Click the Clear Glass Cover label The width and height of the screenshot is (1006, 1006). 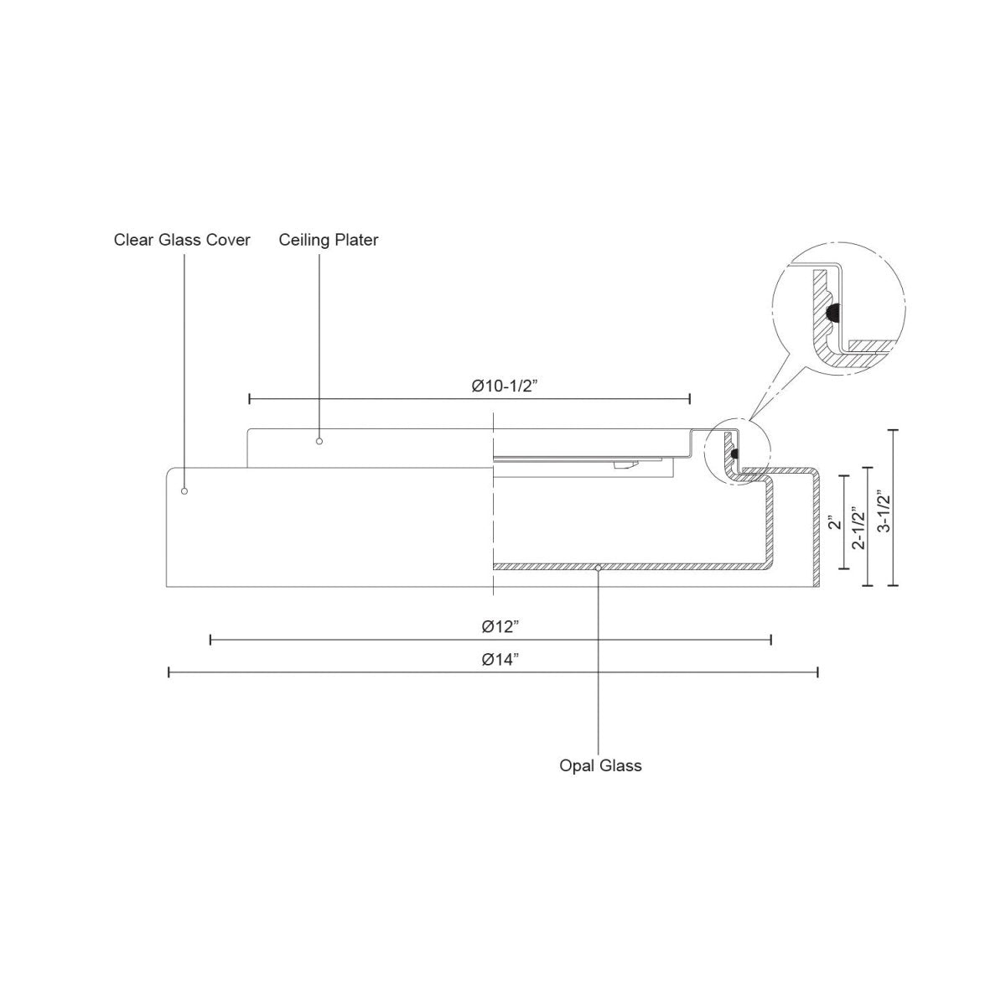click(x=182, y=241)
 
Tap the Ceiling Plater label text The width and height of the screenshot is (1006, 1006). click(x=329, y=241)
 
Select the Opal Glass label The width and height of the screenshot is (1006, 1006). click(x=600, y=765)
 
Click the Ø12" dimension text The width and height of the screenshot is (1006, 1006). click(x=500, y=626)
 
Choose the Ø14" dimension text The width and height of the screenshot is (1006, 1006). click(x=500, y=659)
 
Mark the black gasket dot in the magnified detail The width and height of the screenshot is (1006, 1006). click(x=832, y=312)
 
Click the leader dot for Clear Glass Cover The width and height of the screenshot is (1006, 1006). click(x=184, y=490)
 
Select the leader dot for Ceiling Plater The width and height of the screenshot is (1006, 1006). click(x=319, y=440)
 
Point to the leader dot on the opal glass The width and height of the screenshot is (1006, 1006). click(x=597, y=569)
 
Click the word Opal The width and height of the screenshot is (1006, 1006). click(x=575, y=765)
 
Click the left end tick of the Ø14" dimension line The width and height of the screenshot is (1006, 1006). click(x=169, y=672)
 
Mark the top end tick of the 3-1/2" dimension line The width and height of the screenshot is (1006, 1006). click(x=893, y=430)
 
